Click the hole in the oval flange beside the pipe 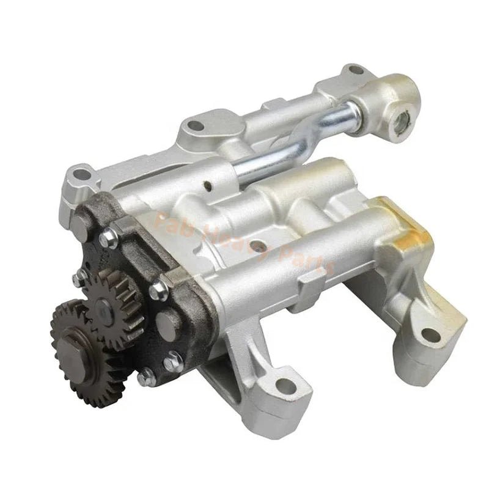tap(195, 127)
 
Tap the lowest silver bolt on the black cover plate tap(145, 378)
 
